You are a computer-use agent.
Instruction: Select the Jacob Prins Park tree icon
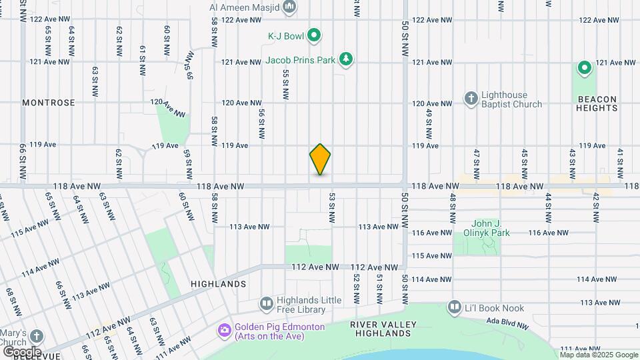[x=346, y=60]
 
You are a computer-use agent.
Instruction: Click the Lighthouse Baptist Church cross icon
[x=470, y=99]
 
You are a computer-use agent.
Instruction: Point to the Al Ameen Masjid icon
[x=289, y=7]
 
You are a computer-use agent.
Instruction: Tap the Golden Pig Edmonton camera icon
[x=224, y=330]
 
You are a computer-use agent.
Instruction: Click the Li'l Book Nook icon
[x=454, y=307]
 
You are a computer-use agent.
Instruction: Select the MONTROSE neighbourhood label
[x=49, y=103]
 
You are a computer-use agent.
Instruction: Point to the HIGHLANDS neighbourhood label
[x=219, y=284]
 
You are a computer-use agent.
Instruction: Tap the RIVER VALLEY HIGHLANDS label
[x=383, y=329]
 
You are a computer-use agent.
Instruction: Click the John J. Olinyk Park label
[x=481, y=228]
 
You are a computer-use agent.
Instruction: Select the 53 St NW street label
[x=331, y=208]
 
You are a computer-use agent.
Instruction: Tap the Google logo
[x=22, y=351]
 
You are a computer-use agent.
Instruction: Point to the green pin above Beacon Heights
[x=585, y=68]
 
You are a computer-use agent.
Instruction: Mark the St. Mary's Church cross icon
[x=37, y=336]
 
